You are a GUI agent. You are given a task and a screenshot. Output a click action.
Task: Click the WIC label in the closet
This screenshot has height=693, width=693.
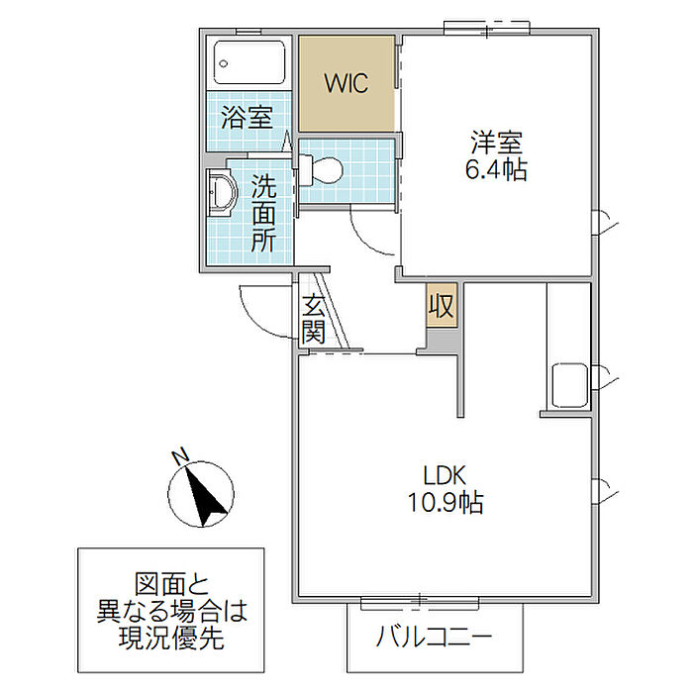coord(346,83)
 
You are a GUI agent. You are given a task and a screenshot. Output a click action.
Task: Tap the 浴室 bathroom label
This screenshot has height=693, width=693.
coord(247,118)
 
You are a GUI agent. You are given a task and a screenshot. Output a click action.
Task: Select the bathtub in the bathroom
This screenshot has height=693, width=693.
coord(250,64)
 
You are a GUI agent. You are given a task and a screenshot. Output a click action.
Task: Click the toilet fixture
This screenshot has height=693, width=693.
coord(321,170)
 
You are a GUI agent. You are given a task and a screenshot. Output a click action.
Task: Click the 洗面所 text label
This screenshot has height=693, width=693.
coord(262,213)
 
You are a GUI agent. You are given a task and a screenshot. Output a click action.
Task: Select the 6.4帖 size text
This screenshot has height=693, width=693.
coord(496,170)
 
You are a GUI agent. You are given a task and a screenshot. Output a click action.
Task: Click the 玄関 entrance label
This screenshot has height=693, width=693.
coord(314,319)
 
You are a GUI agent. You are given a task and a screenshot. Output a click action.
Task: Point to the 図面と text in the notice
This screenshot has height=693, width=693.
coord(171,584)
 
